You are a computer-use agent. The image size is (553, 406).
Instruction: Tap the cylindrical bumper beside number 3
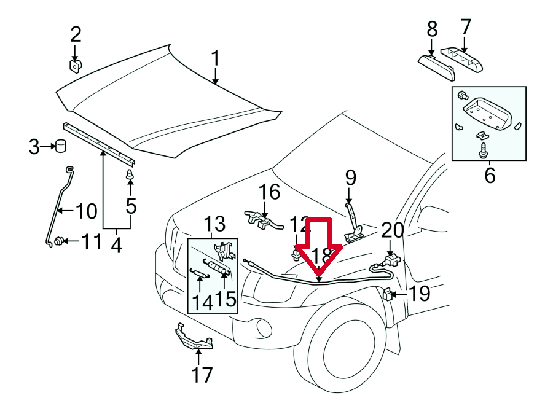61,146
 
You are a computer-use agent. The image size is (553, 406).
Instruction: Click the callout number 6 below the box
489,176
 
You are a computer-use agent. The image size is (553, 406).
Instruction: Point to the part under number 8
436,66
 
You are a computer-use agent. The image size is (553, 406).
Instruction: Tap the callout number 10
86,212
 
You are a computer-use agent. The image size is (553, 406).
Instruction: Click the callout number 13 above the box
215,224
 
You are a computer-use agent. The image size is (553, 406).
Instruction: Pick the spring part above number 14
200,274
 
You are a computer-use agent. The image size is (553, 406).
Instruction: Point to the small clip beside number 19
387,295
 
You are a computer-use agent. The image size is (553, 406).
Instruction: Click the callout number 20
393,230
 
